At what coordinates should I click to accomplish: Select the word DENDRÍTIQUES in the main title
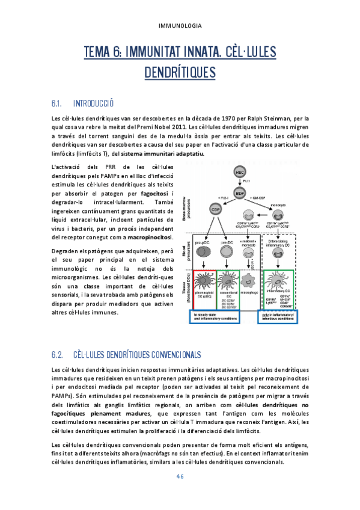click(x=180, y=73)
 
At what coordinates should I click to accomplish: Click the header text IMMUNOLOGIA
click(x=180, y=26)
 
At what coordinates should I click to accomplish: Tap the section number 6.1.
click(x=59, y=103)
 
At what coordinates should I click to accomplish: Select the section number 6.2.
click(x=59, y=354)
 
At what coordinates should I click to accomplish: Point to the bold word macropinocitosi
click(x=150, y=237)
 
